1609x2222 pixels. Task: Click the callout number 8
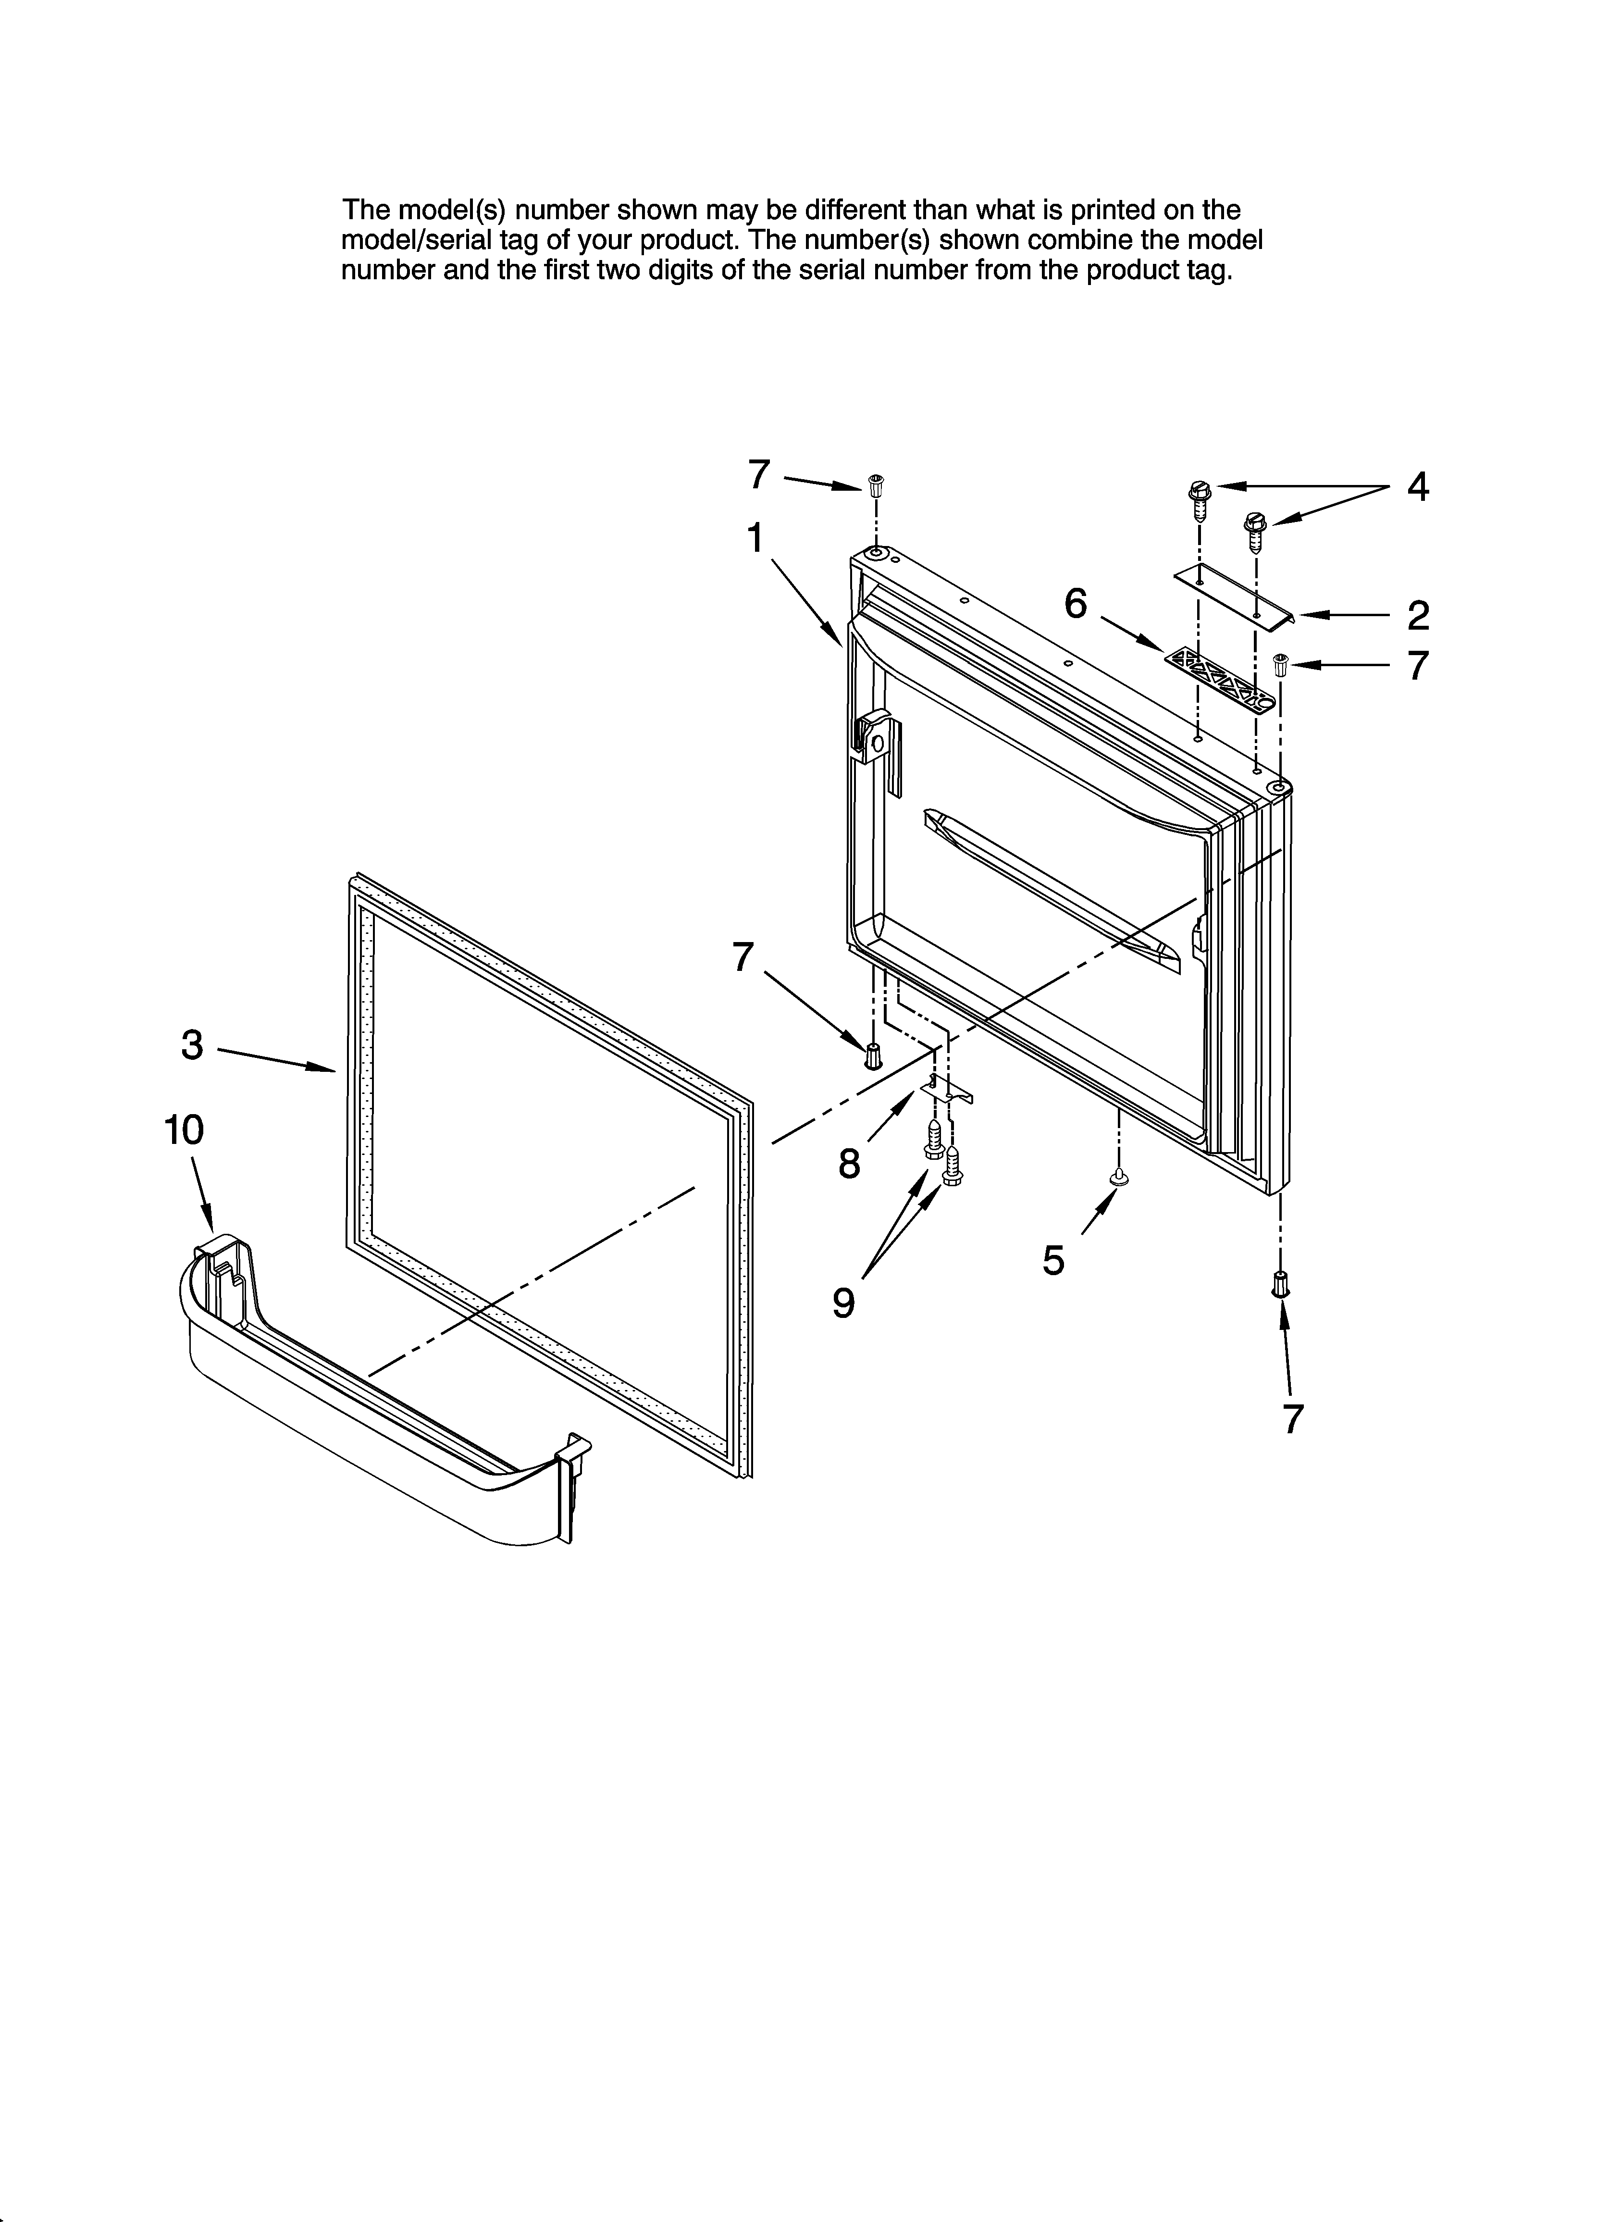[850, 1164]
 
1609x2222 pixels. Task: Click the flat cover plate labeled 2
[1234, 595]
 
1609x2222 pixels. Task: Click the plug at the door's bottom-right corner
[1280, 1283]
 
